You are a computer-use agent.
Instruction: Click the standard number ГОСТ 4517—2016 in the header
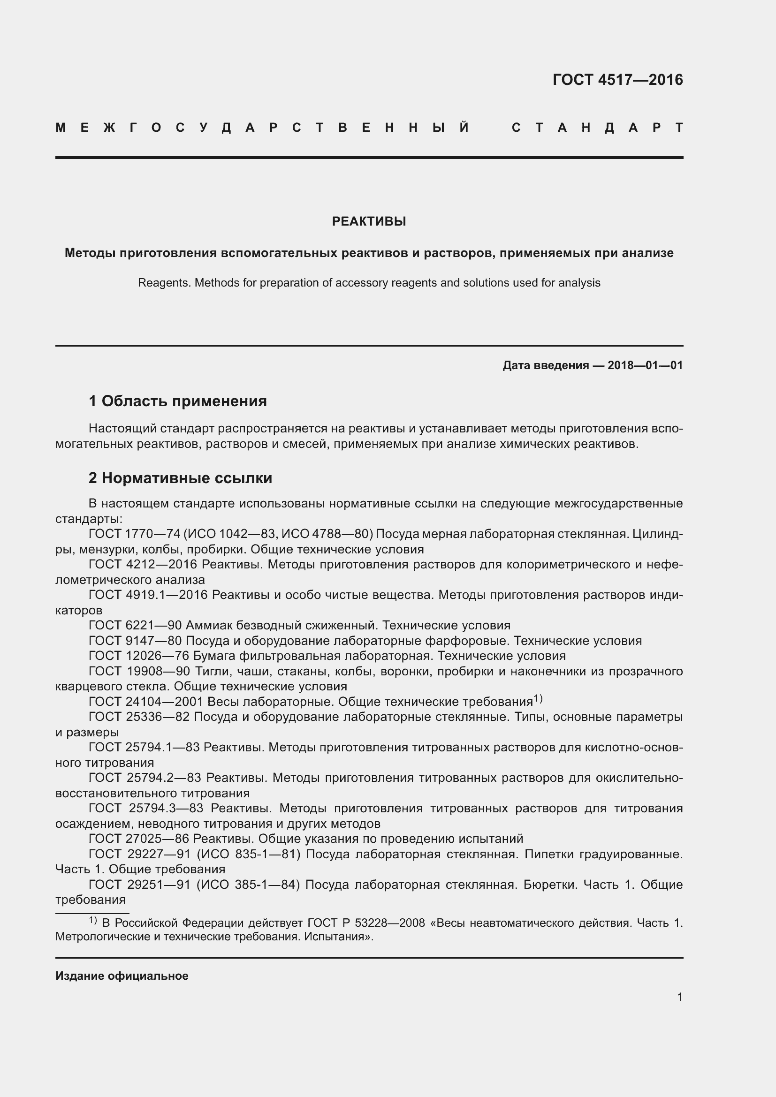tap(617, 80)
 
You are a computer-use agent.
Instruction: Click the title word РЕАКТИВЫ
tap(369, 221)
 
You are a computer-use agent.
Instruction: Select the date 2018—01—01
tap(645, 365)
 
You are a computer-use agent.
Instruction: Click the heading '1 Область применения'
tap(177, 401)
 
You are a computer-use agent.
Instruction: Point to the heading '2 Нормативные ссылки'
tap(180, 478)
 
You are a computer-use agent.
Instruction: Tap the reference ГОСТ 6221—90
tap(134, 626)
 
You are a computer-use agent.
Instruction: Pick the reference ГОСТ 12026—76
tap(138, 656)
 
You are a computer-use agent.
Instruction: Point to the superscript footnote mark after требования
tap(538, 699)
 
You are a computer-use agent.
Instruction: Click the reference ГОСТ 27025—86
tap(138, 839)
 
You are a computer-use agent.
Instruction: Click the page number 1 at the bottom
tap(679, 997)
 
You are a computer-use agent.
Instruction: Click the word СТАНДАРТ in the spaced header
tap(597, 128)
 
